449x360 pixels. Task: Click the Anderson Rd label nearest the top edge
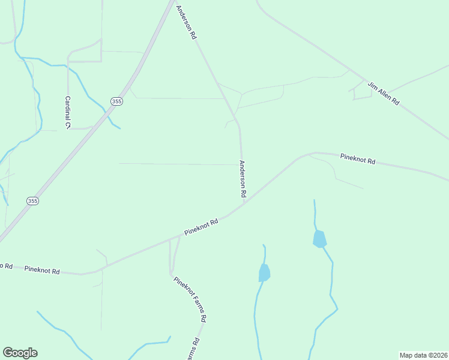click(x=186, y=23)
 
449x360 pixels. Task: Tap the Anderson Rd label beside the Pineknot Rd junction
click(x=243, y=179)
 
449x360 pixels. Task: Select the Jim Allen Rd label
click(x=384, y=94)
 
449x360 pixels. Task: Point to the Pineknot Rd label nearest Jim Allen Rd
click(x=357, y=159)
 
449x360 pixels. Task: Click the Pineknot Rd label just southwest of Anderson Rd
click(x=201, y=227)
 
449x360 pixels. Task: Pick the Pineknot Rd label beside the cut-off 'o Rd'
click(x=42, y=270)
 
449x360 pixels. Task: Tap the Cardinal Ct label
click(x=68, y=112)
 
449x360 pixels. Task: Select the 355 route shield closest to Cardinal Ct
click(x=116, y=101)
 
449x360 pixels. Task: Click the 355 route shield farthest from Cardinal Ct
click(x=33, y=201)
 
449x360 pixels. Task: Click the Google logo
click(x=20, y=353)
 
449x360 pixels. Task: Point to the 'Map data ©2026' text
click(x=423, y=355)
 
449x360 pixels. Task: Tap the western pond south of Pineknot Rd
click(x=264, y=273)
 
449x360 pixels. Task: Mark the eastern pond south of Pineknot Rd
click(x=319, y=239)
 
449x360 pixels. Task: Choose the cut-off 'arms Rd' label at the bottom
click(x=195, y=349)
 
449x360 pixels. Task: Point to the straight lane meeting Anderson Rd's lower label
click(x=180, y=164)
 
